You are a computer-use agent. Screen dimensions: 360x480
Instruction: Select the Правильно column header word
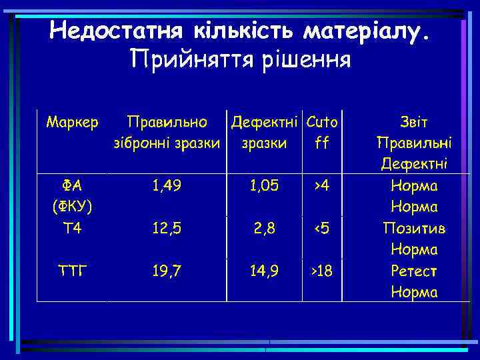tap(167, 122)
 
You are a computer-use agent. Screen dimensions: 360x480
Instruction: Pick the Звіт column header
tap(414, 122)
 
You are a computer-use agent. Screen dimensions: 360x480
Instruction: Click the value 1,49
tap(167, 186)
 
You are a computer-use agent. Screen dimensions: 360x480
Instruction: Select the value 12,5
tap(167, 229)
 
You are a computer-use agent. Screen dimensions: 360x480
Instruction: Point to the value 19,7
tap(167, 271)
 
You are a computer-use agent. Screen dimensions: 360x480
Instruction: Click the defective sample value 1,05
tap(265, 186)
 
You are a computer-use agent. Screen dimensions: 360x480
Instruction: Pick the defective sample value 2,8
tap(265, 229)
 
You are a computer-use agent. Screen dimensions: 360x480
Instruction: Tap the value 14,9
tap(265, 271)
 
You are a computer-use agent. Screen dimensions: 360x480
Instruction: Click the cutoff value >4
tap(321, 186)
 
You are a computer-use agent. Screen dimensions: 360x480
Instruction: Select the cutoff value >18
tap(321, 271)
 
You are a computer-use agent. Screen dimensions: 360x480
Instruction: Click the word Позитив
tap(414, 229)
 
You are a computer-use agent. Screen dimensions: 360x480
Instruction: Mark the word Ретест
tap(414, 271)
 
